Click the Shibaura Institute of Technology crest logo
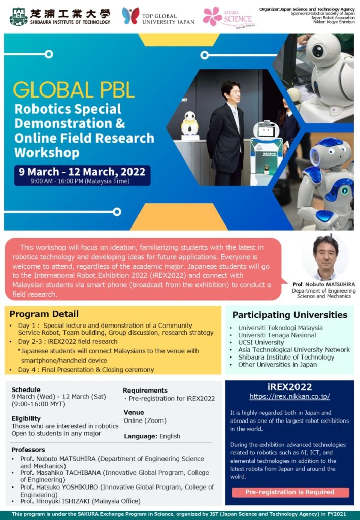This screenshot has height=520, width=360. (x=19, y=17)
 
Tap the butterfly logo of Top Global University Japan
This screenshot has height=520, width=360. (x=130, y=16)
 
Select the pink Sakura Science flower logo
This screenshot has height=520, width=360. (x=212, y=16)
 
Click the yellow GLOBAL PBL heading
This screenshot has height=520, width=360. (x=74, y=89)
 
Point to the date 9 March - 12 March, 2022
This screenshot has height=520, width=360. (x=82, y=172)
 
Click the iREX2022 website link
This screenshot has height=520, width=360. (x=290, y=396)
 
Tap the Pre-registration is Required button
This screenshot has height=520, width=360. (x=290, y=492)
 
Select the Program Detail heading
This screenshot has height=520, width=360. (x=44, y=314)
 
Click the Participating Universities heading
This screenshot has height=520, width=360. (x=290, y=315)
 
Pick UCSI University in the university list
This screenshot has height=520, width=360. (x=261, y=343)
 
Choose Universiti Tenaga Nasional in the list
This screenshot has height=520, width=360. (x=277, y=335)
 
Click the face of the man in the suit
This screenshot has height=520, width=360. (x=232, y=93)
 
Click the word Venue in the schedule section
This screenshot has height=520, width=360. (x=134, y=412)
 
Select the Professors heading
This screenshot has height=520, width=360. (x=28, y=450)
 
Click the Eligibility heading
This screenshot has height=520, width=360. (x=26, y=418)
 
